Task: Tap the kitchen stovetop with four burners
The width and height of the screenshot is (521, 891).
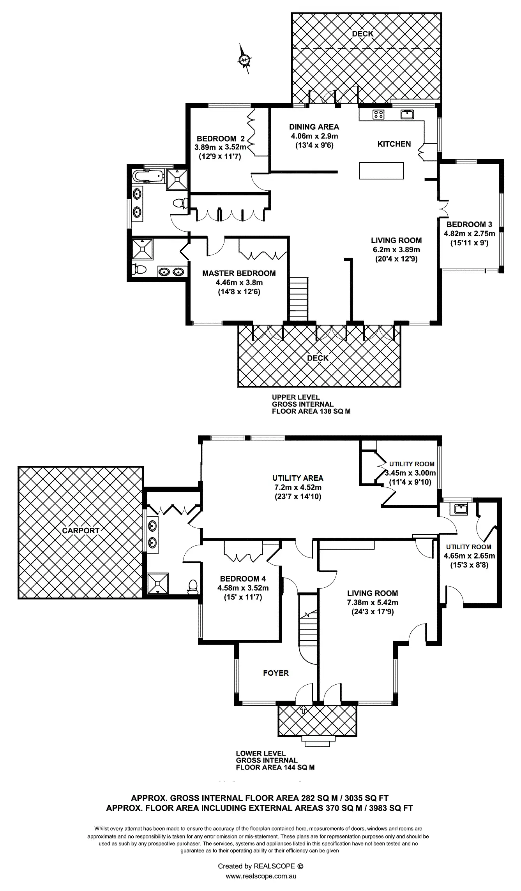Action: [x=378, y=114]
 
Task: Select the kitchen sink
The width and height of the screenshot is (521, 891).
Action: [x=407, y=114]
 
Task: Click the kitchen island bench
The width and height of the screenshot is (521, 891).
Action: [x=381, y=170]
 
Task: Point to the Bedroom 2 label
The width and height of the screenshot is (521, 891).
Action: [x=221, y=139]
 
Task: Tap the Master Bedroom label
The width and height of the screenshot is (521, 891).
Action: [x=239, y=273]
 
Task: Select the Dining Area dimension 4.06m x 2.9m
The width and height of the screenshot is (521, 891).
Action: [x=314, y=136]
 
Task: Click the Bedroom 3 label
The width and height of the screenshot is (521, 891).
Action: [x=469, y=225]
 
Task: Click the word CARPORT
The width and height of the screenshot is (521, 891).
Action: [x=81, y=530]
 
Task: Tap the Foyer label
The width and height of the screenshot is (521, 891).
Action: [x=276, y=673]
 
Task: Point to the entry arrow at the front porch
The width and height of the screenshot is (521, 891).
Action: [x=303, y=711]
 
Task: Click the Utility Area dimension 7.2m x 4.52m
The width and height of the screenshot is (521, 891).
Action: [x=297, y=487]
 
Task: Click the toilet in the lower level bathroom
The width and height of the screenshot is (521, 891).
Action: [x=193, y=586]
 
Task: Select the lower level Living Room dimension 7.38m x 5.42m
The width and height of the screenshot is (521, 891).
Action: [x=373, y=603]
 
